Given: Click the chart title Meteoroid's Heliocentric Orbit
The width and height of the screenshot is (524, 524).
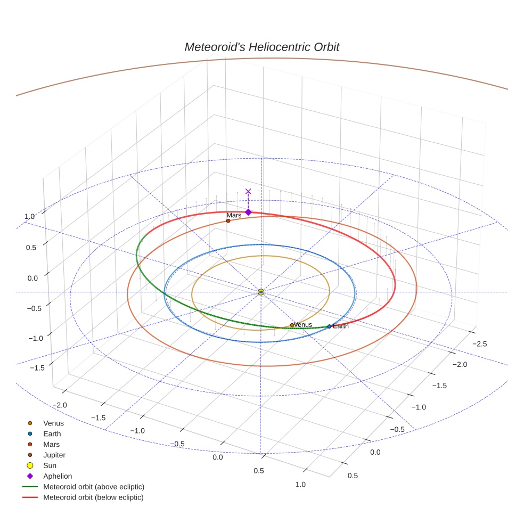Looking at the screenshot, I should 261,47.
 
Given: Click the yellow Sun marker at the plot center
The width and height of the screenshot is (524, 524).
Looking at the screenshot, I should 261,292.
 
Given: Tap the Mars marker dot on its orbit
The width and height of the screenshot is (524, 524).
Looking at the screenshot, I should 228,220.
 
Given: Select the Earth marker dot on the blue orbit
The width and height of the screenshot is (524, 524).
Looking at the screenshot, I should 329,326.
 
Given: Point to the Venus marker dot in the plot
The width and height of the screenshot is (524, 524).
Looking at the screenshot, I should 292,325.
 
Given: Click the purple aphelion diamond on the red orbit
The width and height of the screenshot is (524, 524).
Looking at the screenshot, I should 248,212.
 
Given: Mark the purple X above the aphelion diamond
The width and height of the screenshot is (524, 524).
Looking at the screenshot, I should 248,191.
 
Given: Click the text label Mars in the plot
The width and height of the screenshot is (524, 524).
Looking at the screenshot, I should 234,215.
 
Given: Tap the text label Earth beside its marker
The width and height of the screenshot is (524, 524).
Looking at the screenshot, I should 341,326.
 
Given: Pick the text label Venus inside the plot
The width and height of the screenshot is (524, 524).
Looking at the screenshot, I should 303,325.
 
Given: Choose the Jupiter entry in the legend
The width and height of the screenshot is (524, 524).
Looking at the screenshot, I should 54,455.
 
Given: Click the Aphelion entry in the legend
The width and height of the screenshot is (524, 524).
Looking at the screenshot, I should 58,476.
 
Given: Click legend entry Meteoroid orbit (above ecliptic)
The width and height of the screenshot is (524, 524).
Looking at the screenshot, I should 94,487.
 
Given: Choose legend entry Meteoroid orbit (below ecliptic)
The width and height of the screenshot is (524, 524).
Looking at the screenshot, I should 93,497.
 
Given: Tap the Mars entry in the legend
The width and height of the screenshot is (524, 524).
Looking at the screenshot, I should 51,444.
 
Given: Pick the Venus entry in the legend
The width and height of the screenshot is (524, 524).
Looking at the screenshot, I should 53,423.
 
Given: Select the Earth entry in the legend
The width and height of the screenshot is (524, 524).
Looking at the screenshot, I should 52,433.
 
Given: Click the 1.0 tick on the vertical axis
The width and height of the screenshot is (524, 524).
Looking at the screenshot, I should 29,216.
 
